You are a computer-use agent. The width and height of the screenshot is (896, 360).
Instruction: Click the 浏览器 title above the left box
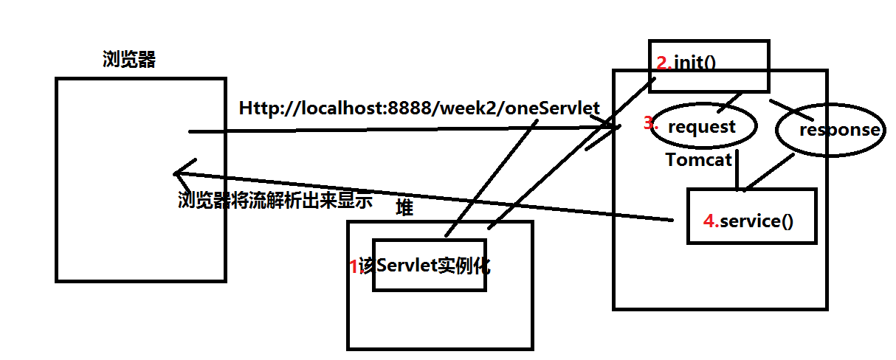coord(129,59)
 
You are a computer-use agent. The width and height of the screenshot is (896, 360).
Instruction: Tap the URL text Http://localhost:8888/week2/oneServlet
coord(419,108)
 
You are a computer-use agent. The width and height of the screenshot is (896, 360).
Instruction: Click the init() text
coord(695,63)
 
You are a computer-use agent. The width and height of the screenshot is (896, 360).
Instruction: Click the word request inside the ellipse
coord(702,127)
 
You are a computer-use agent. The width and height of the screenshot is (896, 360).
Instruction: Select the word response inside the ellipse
coord(840,130)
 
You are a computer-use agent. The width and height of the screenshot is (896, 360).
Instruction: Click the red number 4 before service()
coord(711,221)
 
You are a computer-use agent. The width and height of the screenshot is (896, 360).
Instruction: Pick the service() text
coord(757,221)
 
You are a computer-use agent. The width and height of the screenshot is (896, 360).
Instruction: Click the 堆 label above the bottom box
coord(404,207)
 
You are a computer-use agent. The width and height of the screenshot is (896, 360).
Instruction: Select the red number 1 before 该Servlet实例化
coord(354,266)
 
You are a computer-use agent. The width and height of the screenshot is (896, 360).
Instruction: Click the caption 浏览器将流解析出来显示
coord(275,200)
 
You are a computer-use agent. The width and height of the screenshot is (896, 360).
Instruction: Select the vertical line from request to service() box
coord(737,170)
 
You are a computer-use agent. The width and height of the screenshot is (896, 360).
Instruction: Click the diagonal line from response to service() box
coord(769,173)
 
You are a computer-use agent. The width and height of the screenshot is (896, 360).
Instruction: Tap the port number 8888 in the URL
coord(408,108)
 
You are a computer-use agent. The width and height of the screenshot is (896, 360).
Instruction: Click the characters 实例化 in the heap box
coord(464,266)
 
